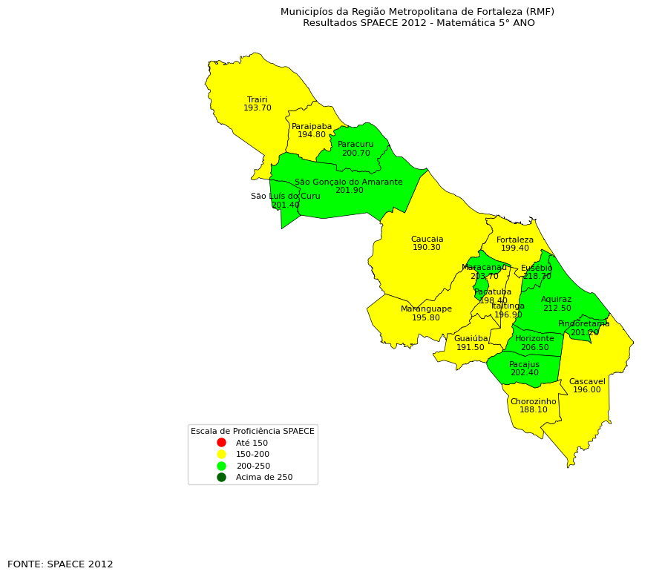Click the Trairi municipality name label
(x=257, y=99)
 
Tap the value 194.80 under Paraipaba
(x=312, y=135)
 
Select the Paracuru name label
(x=355, y=144)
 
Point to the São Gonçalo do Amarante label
(x=348, y=182)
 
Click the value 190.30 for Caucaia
(x=427, y=248)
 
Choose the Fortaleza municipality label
(x=515, y=240)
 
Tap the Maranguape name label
(x=426, y=309)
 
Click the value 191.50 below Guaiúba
(x=471, y=347)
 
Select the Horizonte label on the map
(x=534, y=338)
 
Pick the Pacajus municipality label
(x=524, y=364)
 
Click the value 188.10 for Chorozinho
(x=533, y=409)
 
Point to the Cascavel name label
(x=587, y=381)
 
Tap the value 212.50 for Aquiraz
(x=557, y=309)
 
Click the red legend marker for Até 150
(x=221, y=443)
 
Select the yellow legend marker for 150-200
(x=221, y=454)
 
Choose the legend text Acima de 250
(x=264, y=477)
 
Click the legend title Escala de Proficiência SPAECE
(x=252, y=431)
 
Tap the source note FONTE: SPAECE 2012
(x=60, y=564)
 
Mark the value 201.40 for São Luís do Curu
(x=286, y=205)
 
